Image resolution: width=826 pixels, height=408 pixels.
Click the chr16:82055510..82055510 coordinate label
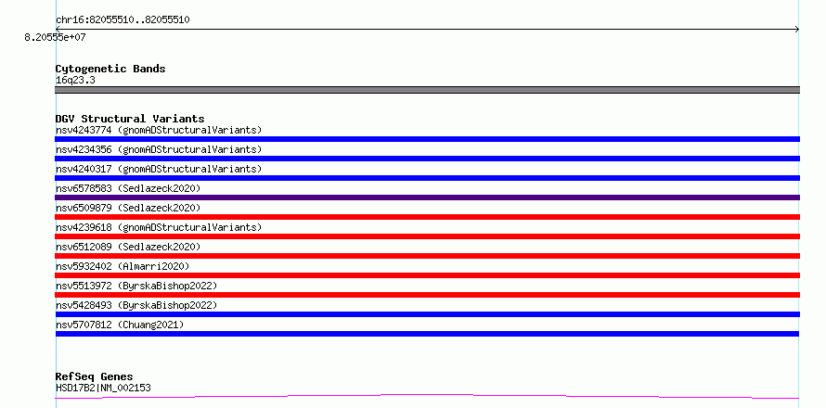pos(123,20)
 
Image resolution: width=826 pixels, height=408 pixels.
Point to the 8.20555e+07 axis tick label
pos(55,38)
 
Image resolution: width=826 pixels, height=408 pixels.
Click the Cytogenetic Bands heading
pos(110,69)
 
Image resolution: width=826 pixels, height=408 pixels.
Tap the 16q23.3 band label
pos(75,81)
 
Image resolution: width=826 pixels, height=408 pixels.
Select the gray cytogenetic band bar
pos(427,90)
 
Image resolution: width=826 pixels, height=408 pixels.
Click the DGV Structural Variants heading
pos(130,119)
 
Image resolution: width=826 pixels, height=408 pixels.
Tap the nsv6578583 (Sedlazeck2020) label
pos(128,188)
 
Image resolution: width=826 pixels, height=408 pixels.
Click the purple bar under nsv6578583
pos(427,198)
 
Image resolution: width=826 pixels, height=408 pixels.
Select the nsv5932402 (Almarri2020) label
pos(123,266)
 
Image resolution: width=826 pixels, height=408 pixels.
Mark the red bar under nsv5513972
pos(427,295)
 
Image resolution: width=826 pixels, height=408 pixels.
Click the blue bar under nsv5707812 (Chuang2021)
pos(427,334)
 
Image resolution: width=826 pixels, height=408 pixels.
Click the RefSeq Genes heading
pos(95,377)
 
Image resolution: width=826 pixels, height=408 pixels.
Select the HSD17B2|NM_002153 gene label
pos(103,389)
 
